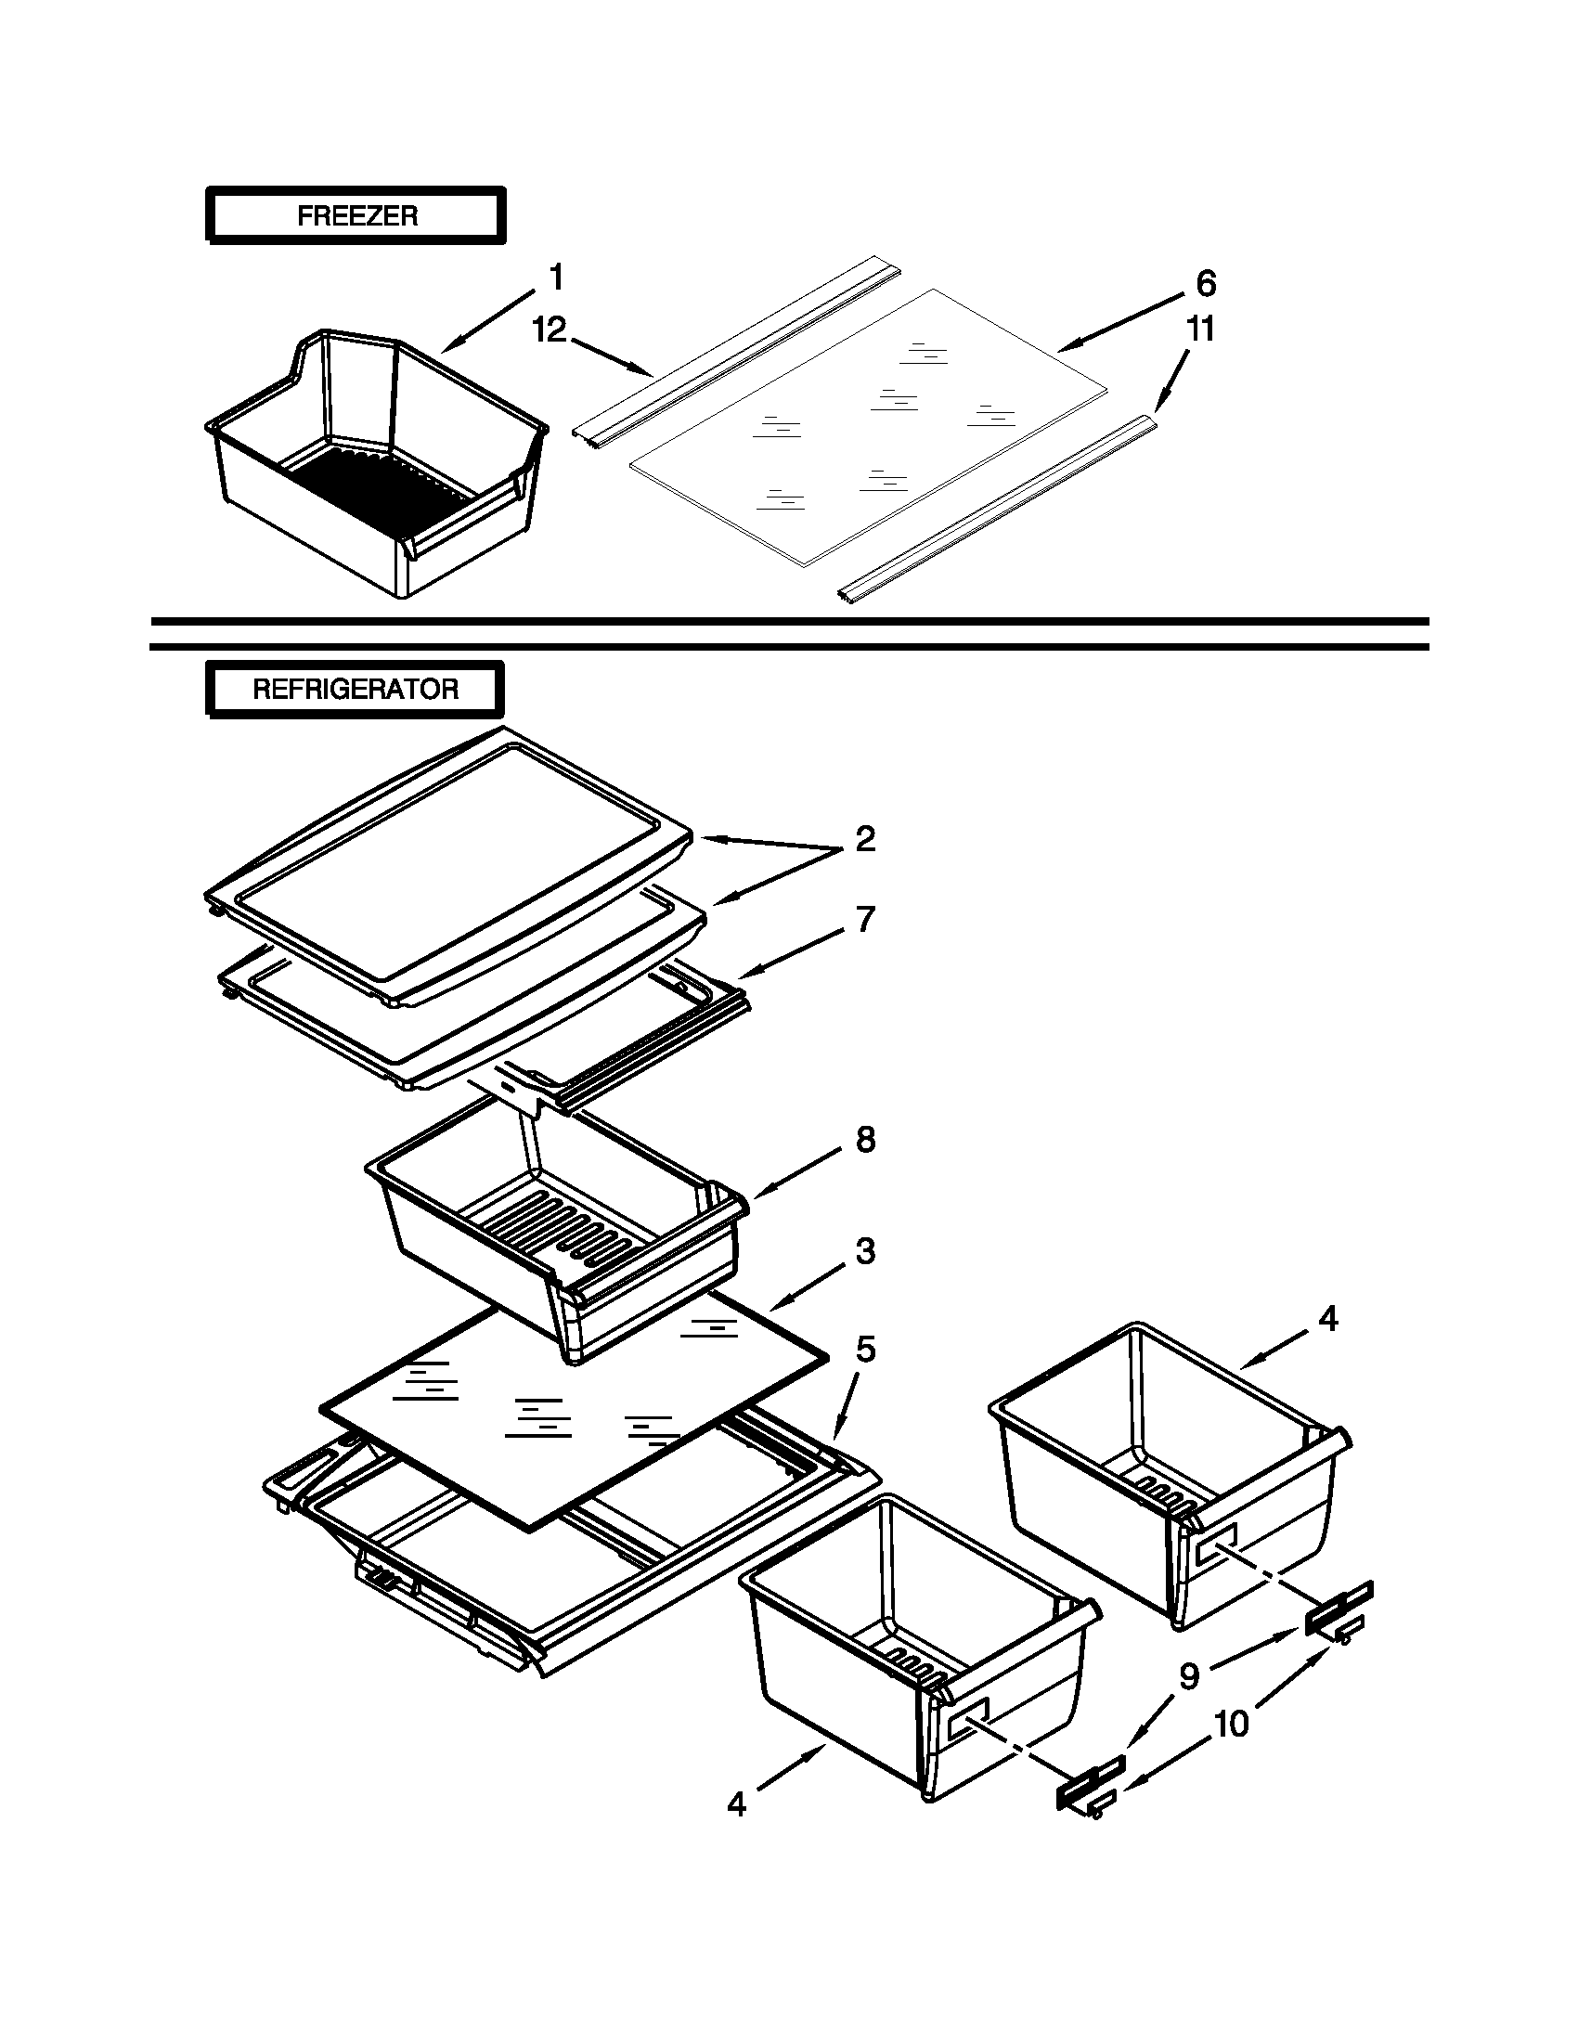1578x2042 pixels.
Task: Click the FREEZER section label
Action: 356,216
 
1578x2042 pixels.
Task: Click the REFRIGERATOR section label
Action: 356,690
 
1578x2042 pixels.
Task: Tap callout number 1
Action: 556,278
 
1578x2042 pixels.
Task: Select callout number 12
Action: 550,330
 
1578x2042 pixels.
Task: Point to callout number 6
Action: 1205,283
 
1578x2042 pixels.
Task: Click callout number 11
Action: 1200,330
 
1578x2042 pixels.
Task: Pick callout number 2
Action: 865,839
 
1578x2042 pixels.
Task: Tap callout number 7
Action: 865,919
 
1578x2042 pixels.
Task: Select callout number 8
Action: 865,1140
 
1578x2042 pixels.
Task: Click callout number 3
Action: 865,1250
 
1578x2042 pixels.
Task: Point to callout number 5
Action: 865,1350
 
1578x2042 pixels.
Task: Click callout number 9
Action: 1188,1676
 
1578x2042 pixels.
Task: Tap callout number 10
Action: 1231,1724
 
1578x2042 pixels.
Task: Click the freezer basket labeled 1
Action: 374,468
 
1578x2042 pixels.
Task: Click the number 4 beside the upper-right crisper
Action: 1327,1319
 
